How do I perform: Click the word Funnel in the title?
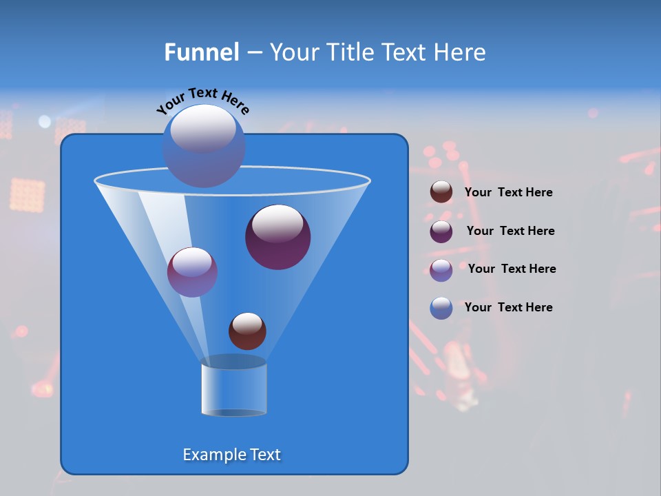[202, 52]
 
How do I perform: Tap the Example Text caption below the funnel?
[232, 455]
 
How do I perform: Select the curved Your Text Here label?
[203, 101]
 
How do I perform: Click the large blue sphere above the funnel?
[204, 146]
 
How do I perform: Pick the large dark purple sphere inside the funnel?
[278, 237]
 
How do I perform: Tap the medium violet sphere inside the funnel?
[193, 272]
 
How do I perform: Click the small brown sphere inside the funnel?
[247, 331]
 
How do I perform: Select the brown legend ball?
[441, 192]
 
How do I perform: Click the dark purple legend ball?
[441, 231]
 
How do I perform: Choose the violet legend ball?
[441, 270]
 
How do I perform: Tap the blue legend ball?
[441, 308]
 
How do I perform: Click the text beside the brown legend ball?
[509, 192]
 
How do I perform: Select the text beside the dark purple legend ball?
[511, 231]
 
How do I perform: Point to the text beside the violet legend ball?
[512, 269]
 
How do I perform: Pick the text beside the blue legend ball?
[509, 307]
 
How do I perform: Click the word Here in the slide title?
[460, 52]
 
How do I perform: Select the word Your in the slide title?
[291, 52]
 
